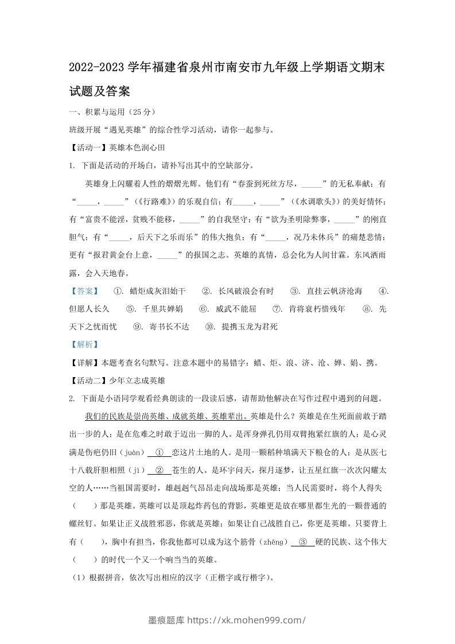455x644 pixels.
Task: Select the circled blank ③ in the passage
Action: (x=303, y=541)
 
